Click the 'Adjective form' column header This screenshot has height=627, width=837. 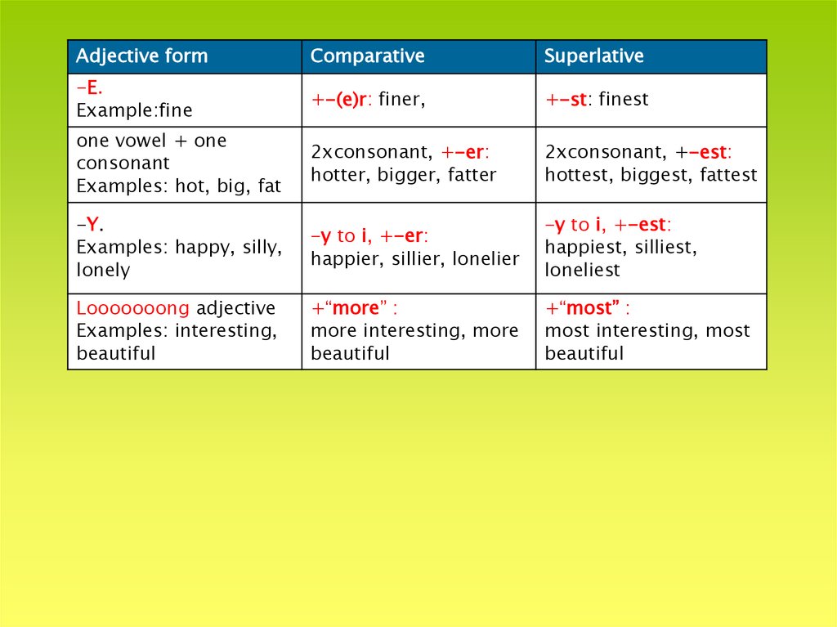pos(141,56)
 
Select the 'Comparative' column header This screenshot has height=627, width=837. pos(367,56)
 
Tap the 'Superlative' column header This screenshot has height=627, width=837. pos(593,56)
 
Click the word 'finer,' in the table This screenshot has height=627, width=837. pos(402,100)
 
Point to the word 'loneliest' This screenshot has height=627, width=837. pos(582,271)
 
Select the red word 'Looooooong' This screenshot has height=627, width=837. pos(133,308)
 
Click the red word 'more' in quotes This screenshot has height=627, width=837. pos(356,308)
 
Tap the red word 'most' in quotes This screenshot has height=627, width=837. pos(589,308)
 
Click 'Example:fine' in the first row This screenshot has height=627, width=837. pos(134,110)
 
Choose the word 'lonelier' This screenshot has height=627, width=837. pos(486,259)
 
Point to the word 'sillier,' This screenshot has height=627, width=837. pos(415,259)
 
